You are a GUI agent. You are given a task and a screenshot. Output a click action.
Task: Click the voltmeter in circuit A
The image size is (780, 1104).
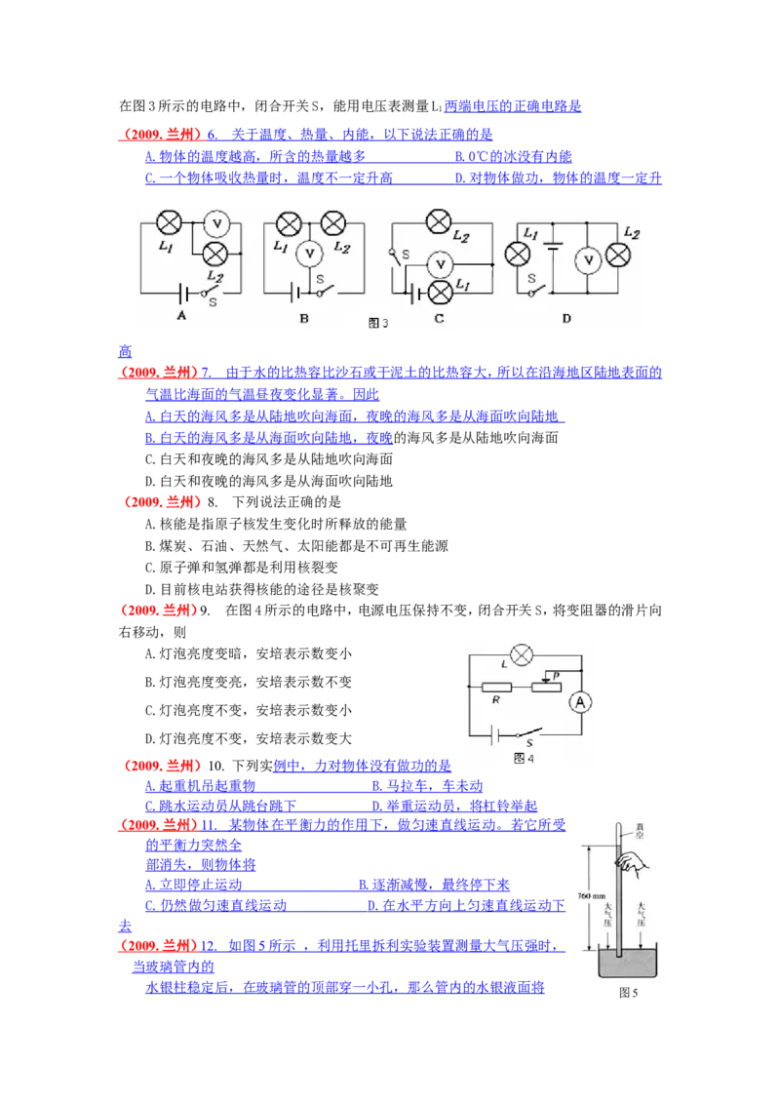[219, 224]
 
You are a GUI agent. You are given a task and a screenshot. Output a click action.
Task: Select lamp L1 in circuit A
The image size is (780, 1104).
[170, 223]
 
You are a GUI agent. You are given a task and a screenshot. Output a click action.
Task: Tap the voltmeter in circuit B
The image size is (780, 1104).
[310, 254]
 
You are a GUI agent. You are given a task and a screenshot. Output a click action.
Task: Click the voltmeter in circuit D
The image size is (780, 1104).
[587, 258]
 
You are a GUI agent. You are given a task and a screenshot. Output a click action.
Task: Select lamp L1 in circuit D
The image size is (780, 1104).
[517, 256]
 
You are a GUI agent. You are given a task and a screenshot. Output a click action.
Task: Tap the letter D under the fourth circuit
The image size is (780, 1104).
[566, 318]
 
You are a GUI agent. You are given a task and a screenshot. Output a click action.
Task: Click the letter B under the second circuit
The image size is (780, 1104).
[304, 318]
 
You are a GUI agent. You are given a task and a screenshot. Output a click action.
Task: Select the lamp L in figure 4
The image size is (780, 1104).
[523, 654]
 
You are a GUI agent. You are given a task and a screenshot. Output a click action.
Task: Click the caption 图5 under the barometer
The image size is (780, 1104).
[628, 994]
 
